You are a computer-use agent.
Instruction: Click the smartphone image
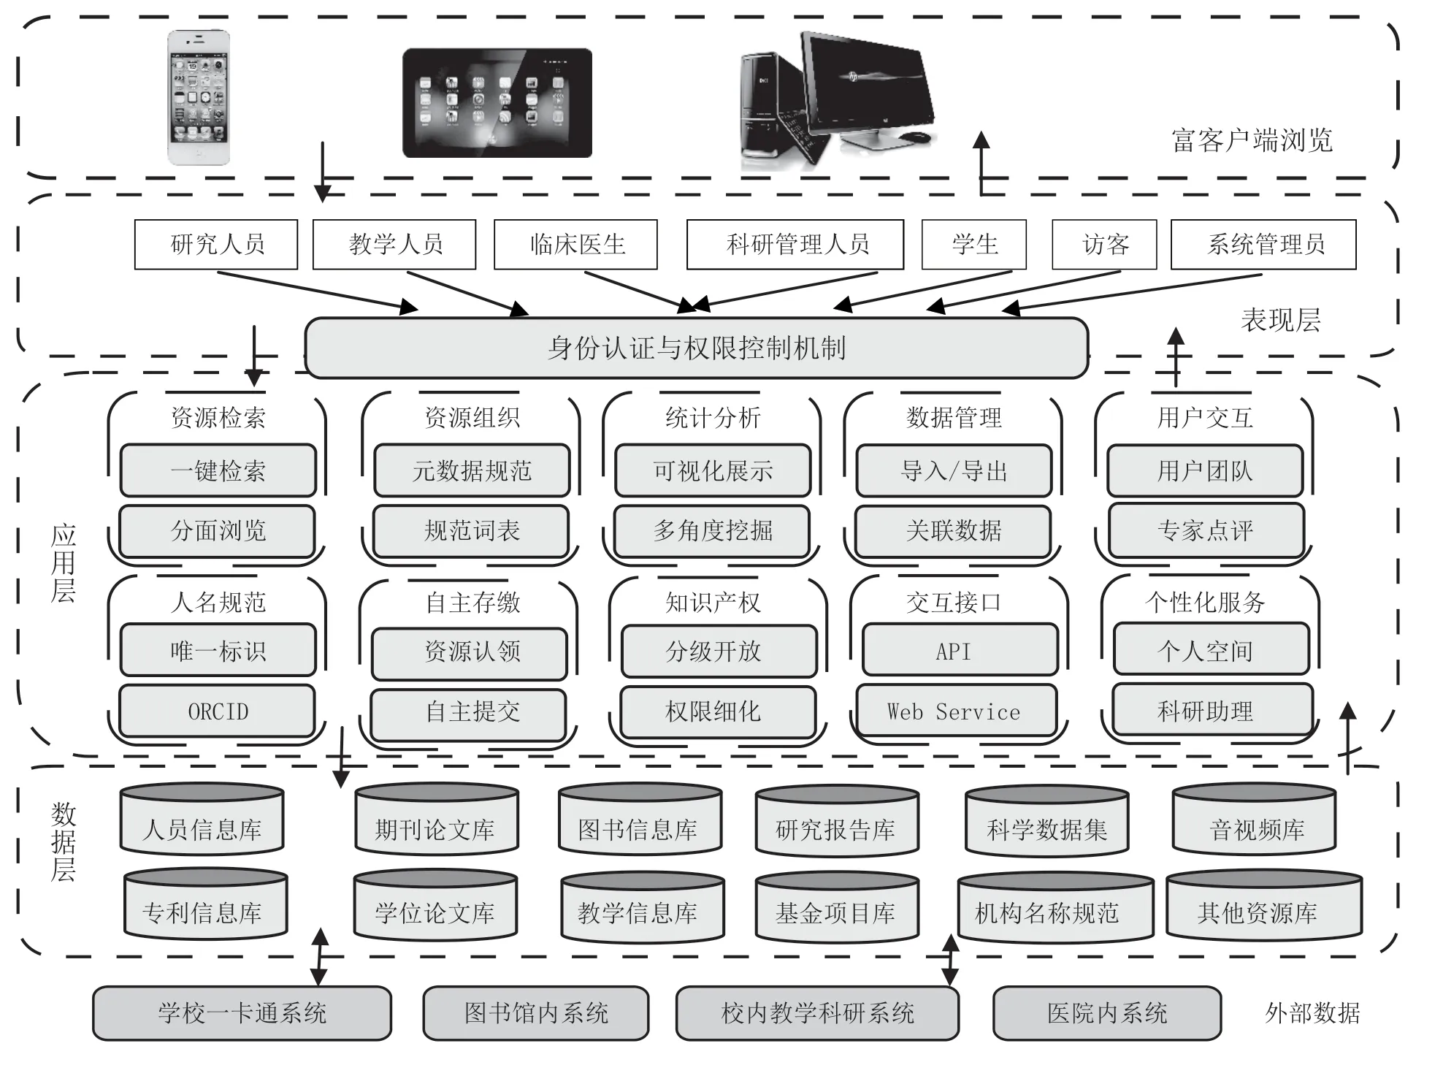(199, 97)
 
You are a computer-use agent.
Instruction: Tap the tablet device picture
(497, 103)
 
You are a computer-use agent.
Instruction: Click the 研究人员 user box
(216, 244)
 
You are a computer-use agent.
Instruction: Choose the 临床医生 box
(575, 244)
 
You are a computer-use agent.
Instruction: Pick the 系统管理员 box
(1263, 244)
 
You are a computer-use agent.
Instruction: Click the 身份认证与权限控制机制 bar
(696, 348)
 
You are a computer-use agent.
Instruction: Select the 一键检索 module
(218, 470)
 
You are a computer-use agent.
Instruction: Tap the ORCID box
(218, 711)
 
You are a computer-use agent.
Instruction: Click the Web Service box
(954, 711)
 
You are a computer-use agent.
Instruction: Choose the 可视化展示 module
(713, 470)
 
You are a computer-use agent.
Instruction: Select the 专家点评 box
(1206, 530)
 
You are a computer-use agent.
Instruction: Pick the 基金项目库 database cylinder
(836, 906)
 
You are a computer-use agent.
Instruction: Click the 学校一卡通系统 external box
(242, 1013)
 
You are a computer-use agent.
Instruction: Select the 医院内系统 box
(1106, 1013)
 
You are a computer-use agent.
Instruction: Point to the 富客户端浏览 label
(1252, 140)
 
